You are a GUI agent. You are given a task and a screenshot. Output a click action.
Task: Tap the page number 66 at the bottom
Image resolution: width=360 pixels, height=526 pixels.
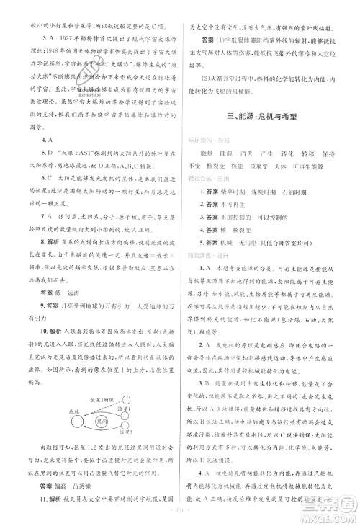point(179,515)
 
